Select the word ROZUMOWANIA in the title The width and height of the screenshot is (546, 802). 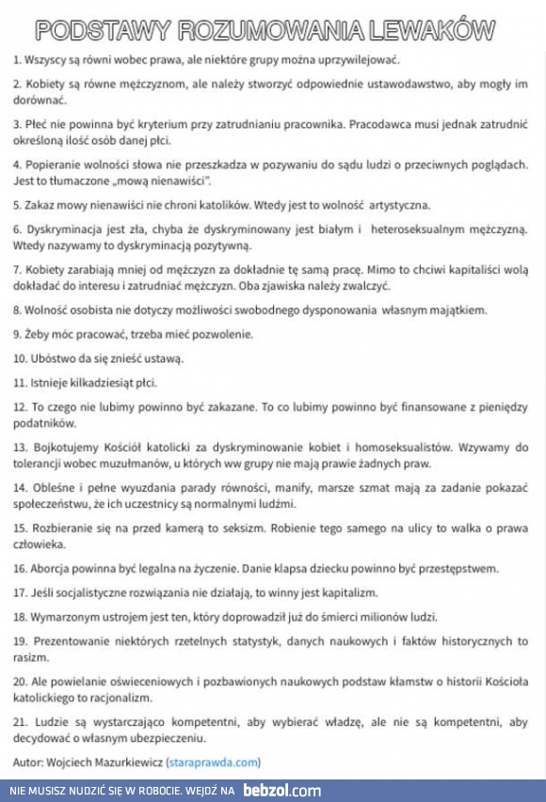266,31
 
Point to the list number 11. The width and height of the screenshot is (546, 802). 20,383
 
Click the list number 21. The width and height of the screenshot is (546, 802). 20,722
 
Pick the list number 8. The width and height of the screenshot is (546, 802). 17,309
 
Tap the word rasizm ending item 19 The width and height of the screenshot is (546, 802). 30,656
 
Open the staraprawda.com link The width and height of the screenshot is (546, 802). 214,763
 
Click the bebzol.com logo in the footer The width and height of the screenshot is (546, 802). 282,792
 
